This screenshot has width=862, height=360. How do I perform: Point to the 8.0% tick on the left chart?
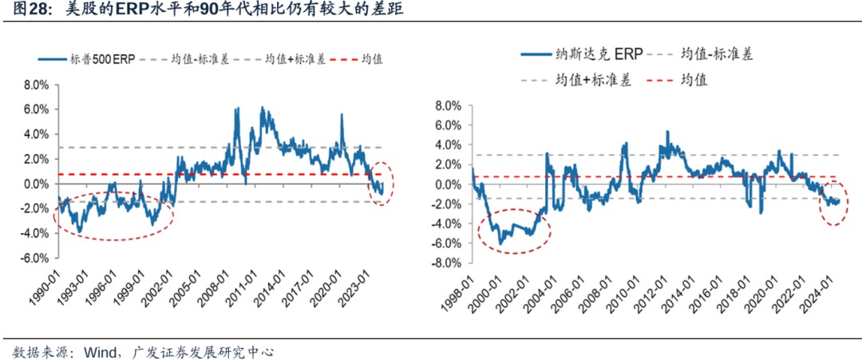pos(37,85)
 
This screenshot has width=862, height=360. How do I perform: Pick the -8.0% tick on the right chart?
pos(447,263)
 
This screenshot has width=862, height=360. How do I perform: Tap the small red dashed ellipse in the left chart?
pos(382,184)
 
